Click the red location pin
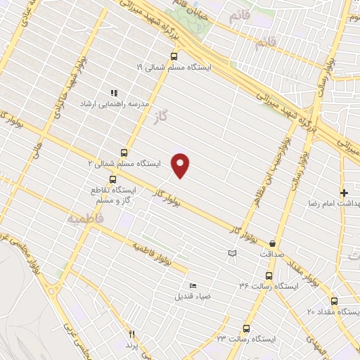click(181, 165)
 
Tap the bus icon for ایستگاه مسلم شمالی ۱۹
click(174, 57)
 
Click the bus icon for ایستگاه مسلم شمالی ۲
click(124, 153)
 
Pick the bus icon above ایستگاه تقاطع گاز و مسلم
click(113, 179)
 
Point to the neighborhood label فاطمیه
click(85, 219)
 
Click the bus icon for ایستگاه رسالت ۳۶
click(269, 276)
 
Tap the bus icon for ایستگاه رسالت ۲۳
click(246, 328)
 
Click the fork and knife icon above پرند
click(131, 334)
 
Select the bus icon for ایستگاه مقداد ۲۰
click(335, 300)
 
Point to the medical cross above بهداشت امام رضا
click(344, 193)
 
